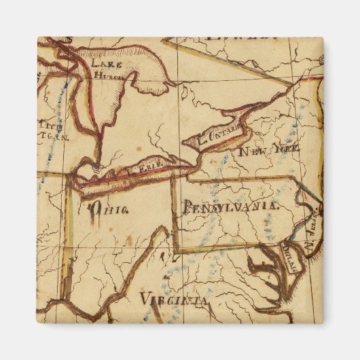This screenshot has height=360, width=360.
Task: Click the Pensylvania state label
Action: click(229, 206)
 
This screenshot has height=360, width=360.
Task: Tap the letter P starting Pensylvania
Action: click(185, 208)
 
